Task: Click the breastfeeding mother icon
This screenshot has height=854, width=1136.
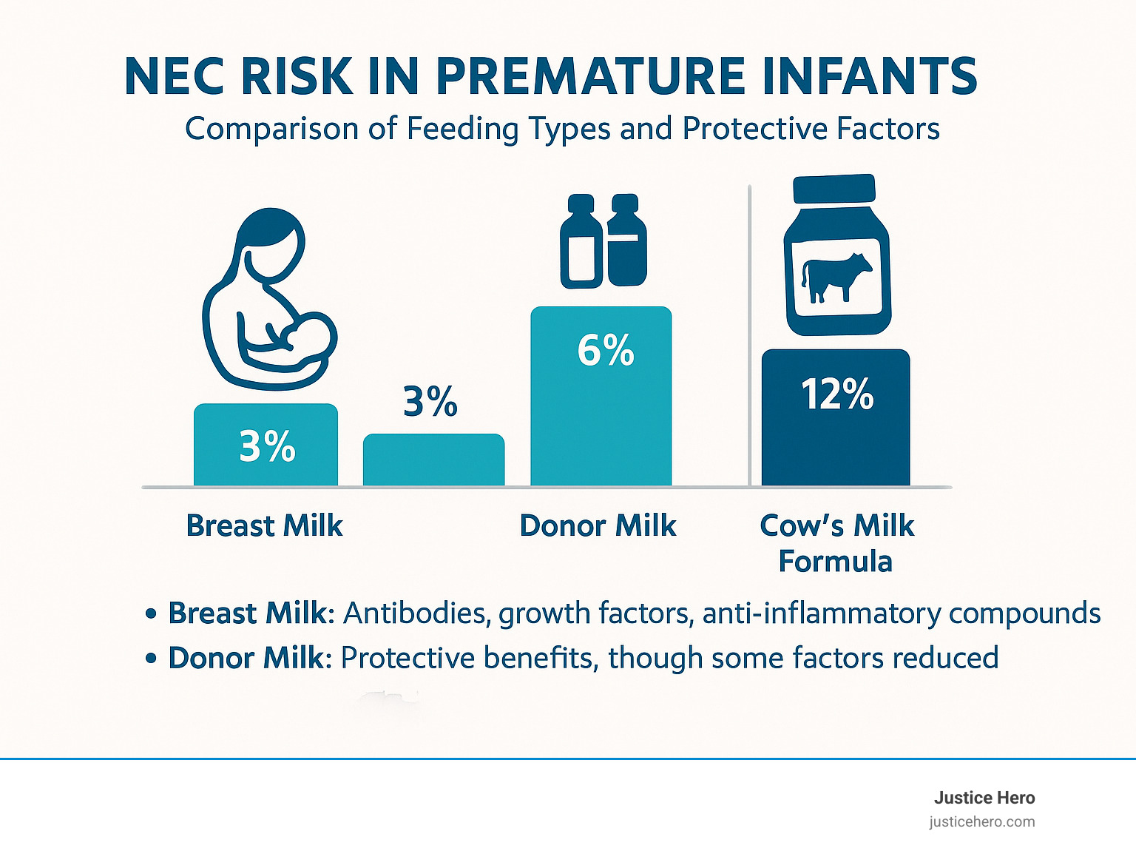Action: click(269, 299)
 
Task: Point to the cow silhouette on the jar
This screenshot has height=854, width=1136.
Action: click(836, 277)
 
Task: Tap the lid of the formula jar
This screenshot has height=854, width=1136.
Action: click(834, 189)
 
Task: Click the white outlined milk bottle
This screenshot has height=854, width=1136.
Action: click(581, 241)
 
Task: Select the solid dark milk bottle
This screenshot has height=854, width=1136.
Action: click(626, 241)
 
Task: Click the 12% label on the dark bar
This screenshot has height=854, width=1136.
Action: click(837, 394)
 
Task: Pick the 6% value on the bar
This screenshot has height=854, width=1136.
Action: click(606, 351)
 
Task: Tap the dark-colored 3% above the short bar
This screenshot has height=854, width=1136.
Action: click(430, 401)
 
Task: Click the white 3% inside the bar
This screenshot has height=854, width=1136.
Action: click(267, 446)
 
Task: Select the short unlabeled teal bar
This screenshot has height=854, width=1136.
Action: click(433, 460)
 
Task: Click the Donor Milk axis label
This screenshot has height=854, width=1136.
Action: click(598, 525)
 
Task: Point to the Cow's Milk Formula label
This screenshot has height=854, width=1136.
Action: click(836, 543)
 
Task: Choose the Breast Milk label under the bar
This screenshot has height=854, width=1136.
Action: click(264, 525)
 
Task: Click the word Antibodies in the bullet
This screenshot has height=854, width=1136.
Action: click(416, 613)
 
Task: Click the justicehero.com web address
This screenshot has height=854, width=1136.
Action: click(981, 822)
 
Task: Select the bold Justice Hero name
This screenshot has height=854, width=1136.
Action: click(984, 798)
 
